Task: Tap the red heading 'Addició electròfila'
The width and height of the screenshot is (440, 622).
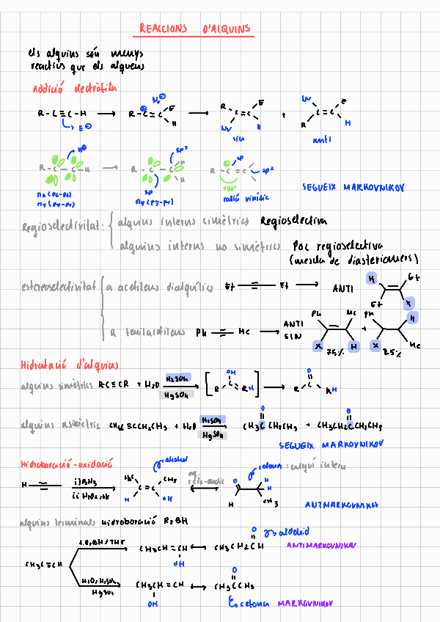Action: coord(75,89)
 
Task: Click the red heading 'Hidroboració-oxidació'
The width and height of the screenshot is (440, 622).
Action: coord(67,465)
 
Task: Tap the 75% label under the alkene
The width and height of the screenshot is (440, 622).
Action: coord(335,352)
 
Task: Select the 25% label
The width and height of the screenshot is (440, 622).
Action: coord(393,352)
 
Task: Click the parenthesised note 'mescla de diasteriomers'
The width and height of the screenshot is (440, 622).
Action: coord(353,260)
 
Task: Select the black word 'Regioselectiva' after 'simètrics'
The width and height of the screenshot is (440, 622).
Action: coord(293,221)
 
